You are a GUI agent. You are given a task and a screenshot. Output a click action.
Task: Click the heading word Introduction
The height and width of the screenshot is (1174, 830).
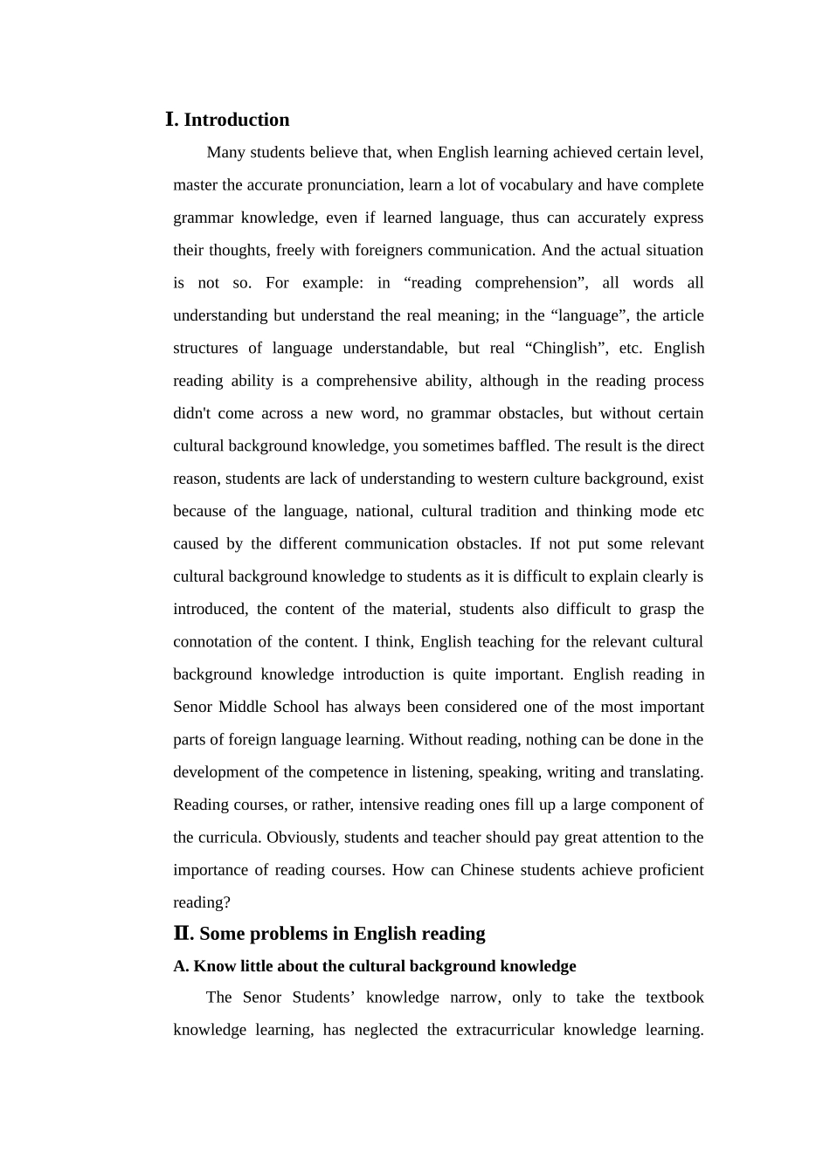[x=236, y=120]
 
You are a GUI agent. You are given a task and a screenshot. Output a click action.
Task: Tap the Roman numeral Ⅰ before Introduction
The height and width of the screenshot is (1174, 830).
[x=171, y=120]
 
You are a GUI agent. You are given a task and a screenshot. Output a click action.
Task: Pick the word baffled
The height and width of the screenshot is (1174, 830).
[x=519, y=445]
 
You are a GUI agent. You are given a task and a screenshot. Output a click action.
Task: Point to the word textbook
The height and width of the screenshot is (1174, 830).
[x=674, y=998]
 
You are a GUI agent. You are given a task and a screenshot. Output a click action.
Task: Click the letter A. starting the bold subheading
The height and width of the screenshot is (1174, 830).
[x=181, y=966]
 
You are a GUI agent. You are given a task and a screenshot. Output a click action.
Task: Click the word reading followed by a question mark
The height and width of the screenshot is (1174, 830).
[x=198, y=902]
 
